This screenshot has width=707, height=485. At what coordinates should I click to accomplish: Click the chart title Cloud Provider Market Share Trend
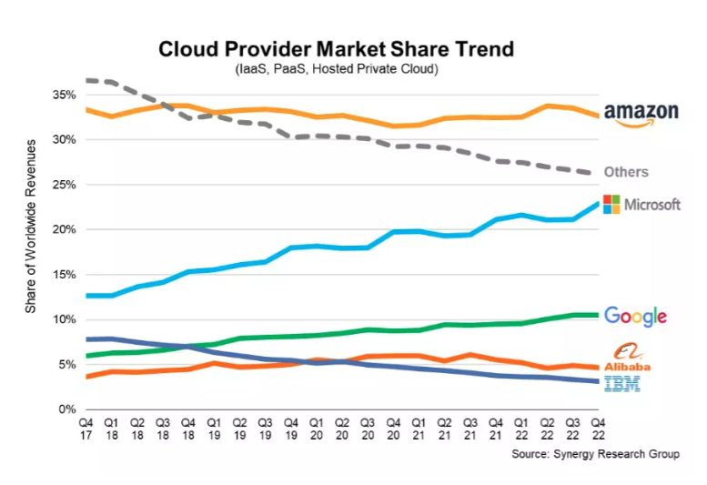(336, 49)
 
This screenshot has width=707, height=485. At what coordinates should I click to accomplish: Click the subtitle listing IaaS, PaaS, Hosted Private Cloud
(336, 69)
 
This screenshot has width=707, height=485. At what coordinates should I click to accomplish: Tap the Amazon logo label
(641, 115)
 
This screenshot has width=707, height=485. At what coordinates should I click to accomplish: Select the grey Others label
(625, 172)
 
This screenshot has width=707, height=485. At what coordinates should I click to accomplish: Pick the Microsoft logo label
(641, 204)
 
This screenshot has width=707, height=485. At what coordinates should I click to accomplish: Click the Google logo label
(635, 316)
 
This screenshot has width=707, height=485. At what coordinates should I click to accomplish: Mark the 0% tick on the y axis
(66, 409)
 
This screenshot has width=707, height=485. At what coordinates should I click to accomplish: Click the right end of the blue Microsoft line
(596, 204)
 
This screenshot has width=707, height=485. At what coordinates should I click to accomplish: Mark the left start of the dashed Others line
(86, 81)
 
